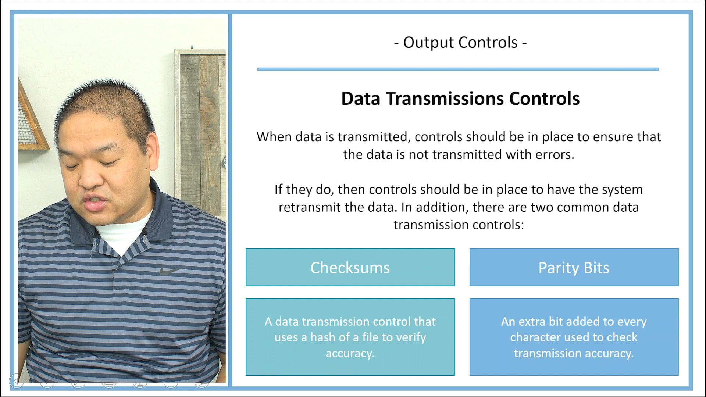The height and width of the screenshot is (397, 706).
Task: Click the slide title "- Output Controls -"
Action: click(x=460, y=43)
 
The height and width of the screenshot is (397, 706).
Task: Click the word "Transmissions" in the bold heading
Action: click(x=445, y=99)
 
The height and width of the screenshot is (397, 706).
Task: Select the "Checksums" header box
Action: click(x=350, y=268)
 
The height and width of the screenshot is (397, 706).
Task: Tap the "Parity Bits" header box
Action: click(x=574, y=268)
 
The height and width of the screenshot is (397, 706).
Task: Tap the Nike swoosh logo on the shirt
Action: click(x=170, y=271)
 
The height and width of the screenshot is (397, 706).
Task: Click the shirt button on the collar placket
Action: click(x=118, y=267)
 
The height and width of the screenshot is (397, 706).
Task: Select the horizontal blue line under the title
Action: click(x=458, y=69)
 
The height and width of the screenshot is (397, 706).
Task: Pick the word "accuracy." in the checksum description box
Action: click(x=350, y=354)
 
